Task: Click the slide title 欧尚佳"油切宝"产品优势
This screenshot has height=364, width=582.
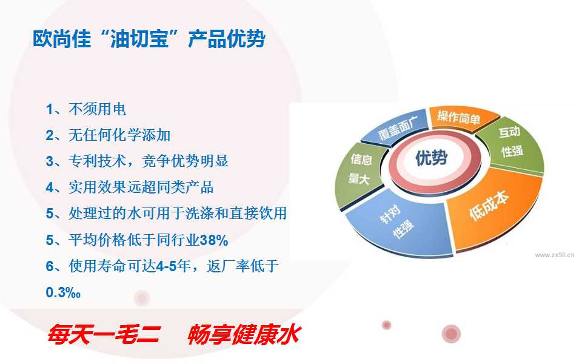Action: tap(149, 39)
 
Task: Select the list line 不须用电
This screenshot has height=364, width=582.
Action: tap(85, 109)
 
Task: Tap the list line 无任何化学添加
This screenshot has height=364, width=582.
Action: tap(108, 135)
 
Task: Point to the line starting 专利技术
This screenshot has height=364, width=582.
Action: tap(137, 161)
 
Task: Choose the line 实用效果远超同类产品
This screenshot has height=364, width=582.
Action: tap(130, 187)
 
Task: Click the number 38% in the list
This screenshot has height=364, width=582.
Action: tap(214, 240)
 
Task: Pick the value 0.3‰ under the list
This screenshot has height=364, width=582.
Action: tap(63, 292)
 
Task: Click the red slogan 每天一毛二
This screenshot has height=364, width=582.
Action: tap(104, 334)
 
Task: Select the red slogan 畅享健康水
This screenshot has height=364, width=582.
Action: tap(244, 334)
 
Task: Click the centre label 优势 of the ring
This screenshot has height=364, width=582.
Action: tap(431, 158)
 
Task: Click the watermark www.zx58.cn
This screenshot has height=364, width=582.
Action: tap(555, 255)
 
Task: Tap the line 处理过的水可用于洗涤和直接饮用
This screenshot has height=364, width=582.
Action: tap(166, 214)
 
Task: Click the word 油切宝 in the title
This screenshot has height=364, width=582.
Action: tap(139, 39)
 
